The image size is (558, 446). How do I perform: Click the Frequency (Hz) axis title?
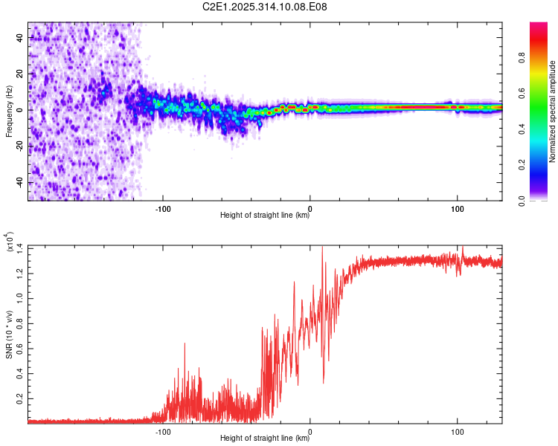click(9, 111)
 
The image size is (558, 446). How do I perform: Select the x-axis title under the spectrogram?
click(265, 216)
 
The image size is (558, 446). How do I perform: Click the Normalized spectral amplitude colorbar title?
click(553, 111)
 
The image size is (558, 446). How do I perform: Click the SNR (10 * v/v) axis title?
click(9, 334)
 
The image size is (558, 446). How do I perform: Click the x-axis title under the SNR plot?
click(265, 438)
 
